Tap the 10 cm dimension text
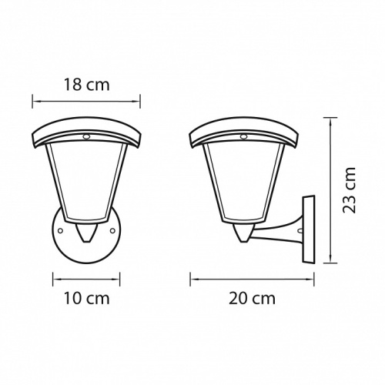pos(87,296)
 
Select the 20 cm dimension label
pos(254,296)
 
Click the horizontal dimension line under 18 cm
pos(87,99)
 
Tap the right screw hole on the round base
pos(113,229)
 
